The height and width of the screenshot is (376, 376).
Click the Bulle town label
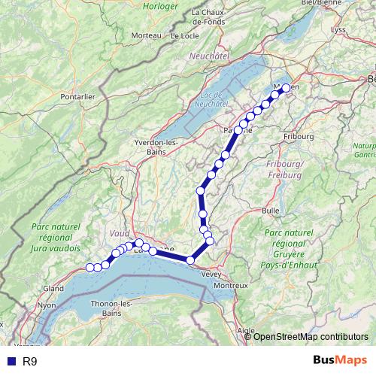[x=271, y=211]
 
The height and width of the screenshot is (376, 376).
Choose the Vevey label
[x=211, y=274]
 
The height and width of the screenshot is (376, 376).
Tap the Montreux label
[x=232, y=286]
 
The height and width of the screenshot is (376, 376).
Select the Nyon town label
[x=47, y=305]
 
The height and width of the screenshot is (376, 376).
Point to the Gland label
[x=53, y=288]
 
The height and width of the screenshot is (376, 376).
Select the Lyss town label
[x=340, y=29]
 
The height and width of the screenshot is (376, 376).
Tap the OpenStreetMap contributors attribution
[x=311, y=336]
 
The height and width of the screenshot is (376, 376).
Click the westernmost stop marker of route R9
[x=89, y=267]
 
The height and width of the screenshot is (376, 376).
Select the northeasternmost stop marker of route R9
[x=286, y=88]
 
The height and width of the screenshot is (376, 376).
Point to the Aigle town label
[x=246, y=330]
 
